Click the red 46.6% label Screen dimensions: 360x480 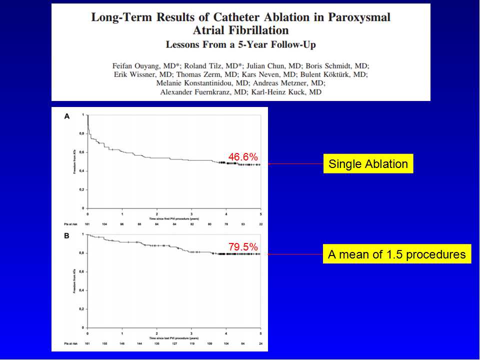[243, 157]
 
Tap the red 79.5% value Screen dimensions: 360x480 [243, 246]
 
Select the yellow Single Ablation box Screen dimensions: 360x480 [368, 163]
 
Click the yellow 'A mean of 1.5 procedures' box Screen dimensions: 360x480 [396, 254]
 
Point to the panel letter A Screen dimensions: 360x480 [66, 116]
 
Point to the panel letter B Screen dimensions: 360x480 [66, 235]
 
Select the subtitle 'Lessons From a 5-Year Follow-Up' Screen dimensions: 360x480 [240, 44]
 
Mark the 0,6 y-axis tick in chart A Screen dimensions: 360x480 [82, 152]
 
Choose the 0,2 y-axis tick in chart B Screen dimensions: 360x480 [82, 309]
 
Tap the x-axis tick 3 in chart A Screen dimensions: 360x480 [191, 213]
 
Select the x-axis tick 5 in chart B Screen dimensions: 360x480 [260, 332]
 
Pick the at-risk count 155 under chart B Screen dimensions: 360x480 [104, 344]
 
